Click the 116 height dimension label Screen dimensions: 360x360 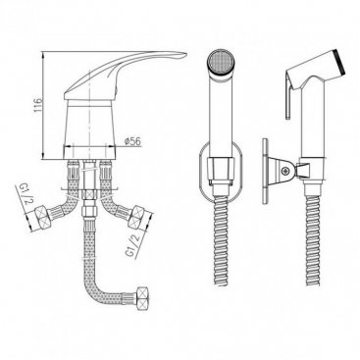tap(39, 105)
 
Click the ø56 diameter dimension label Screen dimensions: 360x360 tap(132, 141)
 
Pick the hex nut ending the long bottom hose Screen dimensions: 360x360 tap(143, 298)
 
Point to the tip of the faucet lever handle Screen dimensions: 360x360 tap(186, 54)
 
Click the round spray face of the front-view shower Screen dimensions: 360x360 tap(222, 62)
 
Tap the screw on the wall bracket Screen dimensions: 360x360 tap(285, 171)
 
